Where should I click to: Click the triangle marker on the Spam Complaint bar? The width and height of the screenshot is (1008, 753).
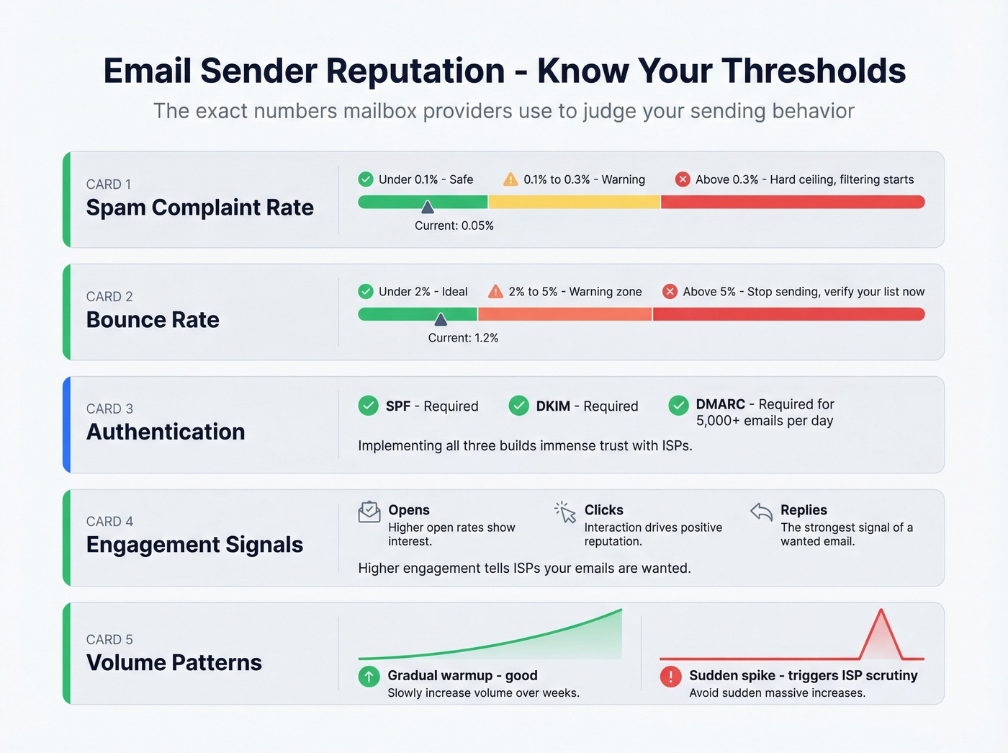pyautogui.click(x=428, y=208)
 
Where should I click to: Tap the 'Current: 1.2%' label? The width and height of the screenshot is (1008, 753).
pyautogui.click(x=463, y=338)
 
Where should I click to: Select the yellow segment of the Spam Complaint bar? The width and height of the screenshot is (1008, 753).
pyautogui.click(x=574, y=202)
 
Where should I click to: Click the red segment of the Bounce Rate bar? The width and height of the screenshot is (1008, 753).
pyautogui.click(x=788, y=314)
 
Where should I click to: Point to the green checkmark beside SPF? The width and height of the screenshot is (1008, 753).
pyautogui.click(x=369, y=406)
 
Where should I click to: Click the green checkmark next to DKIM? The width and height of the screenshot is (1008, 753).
pyautogui.click(x=518, y=406)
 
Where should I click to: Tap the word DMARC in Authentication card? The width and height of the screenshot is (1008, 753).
pyautogui.click(x=720, y=404)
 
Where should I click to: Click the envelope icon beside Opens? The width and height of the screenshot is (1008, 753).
pyautogui.click(x=369, y=512)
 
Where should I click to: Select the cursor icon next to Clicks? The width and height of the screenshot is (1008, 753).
pyautogui.click(x=565, y=512)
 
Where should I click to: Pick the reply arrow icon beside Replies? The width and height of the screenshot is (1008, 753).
pyautogui.click(x=761, y=512)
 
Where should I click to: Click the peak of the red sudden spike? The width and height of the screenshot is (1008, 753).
pyautogui.click(x=881, y=612)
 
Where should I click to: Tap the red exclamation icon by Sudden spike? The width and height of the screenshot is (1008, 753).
pyautogui.click(x=670, y=677)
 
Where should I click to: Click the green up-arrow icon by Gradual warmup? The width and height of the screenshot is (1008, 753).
pyautogui.click(x=369, y=677)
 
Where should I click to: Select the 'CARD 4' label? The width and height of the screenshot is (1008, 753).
pyautogui.click(x=109, y=521)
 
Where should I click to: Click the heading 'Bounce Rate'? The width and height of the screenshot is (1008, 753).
pyautogui.click(x=153, y=319)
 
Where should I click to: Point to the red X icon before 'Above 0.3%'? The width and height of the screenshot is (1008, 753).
pyautogui.click(x=683, y=179)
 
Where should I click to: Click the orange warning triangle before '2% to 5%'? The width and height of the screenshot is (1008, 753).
pyautogui.click(x=495, y=291)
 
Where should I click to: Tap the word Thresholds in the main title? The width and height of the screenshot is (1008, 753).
pyautogui.click(x=814, y=71)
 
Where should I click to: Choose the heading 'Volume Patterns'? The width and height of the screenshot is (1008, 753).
pyautogui.click(x=174, y=662)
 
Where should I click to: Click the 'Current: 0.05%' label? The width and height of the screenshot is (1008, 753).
pyautogui.click(x=454, y=226)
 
